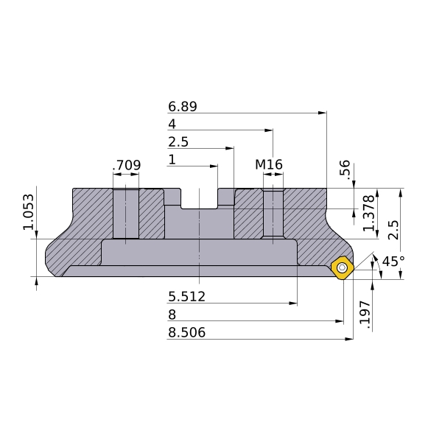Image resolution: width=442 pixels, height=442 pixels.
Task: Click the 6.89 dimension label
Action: (x=183, y=107)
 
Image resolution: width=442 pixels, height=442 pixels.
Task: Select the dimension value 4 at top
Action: (x=172, y=124)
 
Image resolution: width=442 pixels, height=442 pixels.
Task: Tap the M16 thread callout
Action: (x=269, y=164)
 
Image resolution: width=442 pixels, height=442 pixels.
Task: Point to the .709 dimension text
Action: (x=127, y=165)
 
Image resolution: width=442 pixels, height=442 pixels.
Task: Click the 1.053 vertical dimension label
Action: (x=29, y=212)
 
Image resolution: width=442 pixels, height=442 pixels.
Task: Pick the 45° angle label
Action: (x=393, y=262)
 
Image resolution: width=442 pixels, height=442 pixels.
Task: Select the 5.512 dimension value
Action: (x=186, y=297)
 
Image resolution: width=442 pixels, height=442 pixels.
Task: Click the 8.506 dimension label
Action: (x=186, y=332)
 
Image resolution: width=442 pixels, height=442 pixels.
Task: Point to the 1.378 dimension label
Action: (x=369, y=213)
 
